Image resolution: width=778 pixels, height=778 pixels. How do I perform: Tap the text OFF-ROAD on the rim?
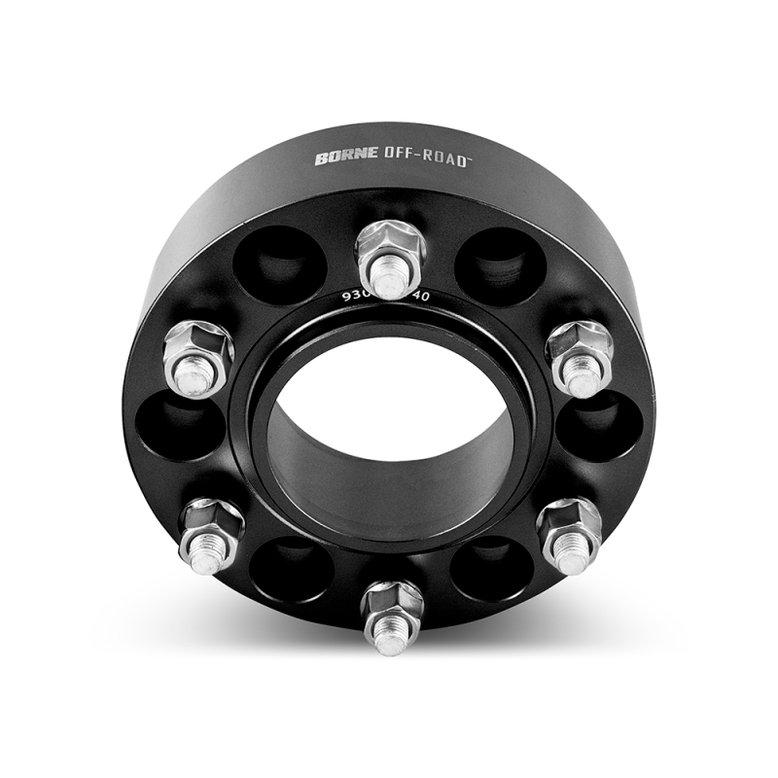tap(407, 155)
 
